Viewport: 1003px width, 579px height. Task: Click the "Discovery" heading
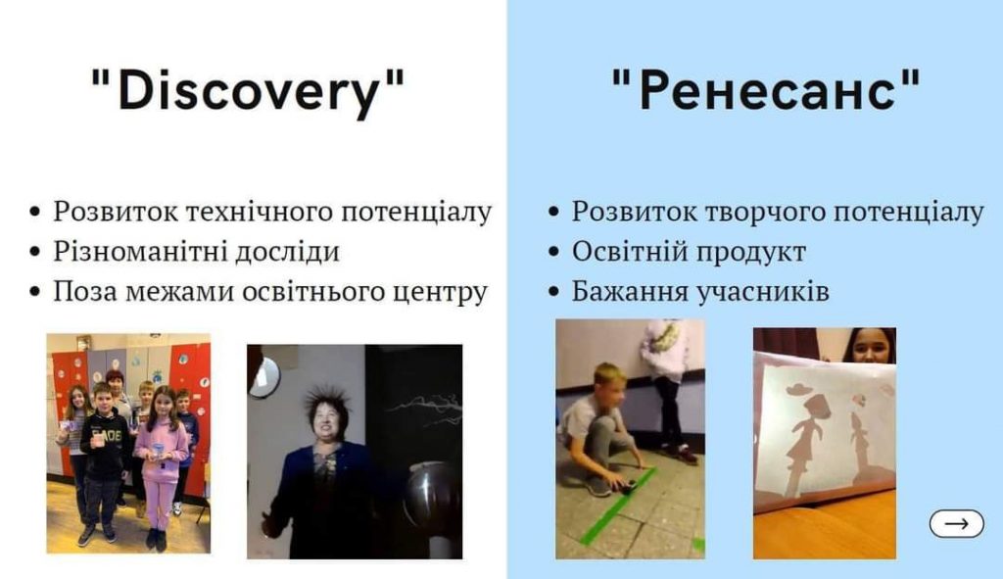click(248, 91)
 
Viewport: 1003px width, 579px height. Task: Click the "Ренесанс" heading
click(766, 89)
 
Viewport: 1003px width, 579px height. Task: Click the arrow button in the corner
click(956, 523)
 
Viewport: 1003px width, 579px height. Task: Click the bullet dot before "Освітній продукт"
click(554, 252)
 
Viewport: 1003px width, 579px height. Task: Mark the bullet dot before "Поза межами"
click(35, 292)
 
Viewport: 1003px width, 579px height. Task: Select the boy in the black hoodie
click(102, 463)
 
